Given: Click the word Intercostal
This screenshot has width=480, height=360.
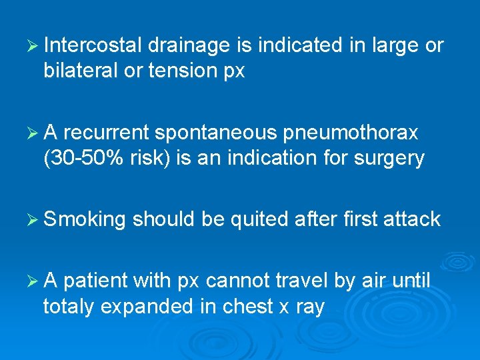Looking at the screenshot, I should pyautogui.click(x=93, y=46).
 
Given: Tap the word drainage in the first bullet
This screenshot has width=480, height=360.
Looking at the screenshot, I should pyautogui.click(x=189, y=46).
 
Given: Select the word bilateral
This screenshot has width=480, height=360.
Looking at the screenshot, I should pyautogui.click(x=82, y=71).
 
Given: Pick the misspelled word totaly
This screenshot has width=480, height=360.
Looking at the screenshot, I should pyautogui.click(x=70, y=307).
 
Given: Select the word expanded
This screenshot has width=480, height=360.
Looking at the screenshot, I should pyautogui.click(x=151, y=307).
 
